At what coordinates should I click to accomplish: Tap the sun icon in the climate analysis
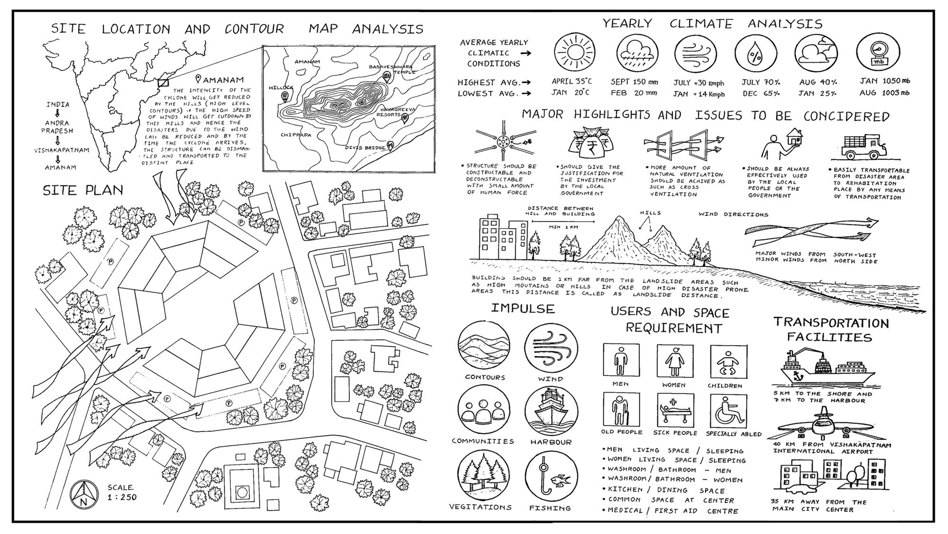coord(574,52)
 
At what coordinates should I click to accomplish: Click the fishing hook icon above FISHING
coord(550,477)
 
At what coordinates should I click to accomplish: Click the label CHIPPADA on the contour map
coord(296,135)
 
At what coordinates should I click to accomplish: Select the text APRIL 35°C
coord(571,81)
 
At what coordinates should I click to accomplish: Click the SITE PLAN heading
coord(83,191)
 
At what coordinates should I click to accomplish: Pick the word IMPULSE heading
coord(522,309)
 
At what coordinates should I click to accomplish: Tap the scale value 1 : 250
coord(122,497)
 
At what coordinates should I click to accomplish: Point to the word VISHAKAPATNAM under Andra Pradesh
coord(62,150)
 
